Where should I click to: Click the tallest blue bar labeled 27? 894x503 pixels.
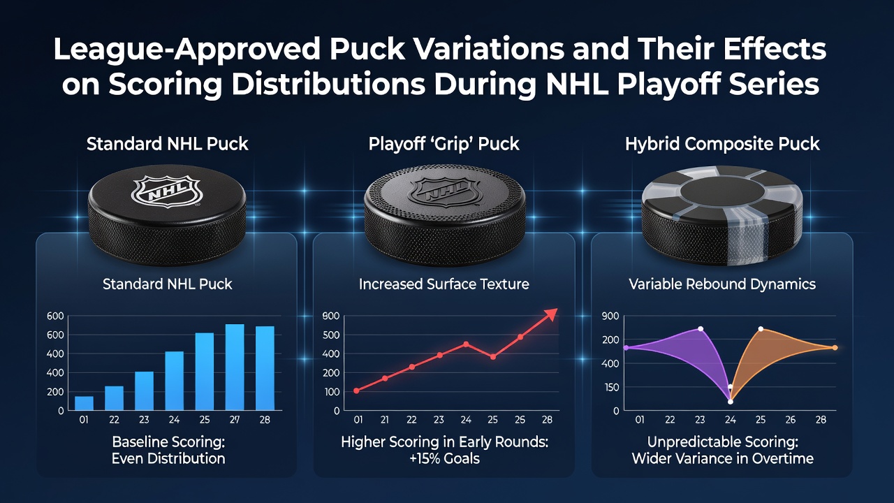[235, 367]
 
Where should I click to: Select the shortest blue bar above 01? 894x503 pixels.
[84, 403]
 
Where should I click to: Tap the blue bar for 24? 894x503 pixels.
[175, 381]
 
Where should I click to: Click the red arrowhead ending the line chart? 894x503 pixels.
[551, 314]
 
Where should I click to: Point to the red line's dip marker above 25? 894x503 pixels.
[493, 357]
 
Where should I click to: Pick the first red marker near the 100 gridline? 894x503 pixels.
[356, 391]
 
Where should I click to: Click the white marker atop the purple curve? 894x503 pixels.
[701, 329]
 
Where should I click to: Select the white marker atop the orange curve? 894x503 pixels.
[761, 329]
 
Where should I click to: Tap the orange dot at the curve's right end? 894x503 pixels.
[835, 348]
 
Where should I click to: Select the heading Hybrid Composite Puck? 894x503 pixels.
[722, 144]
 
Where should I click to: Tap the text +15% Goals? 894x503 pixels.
[445, 458]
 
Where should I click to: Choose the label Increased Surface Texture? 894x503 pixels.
[444, 284]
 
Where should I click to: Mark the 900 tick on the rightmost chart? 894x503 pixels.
[610, 316]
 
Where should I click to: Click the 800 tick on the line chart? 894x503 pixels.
[331, 316]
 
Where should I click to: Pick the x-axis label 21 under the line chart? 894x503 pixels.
[385, 420]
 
